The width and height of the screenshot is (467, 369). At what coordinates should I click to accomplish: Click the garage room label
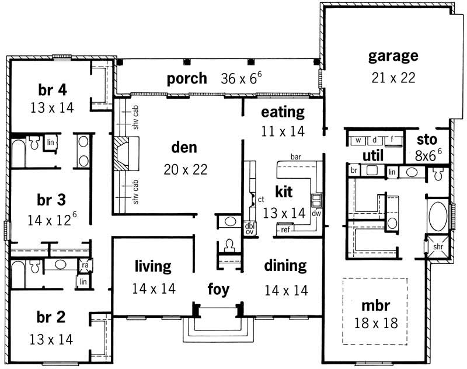tap(393, 56)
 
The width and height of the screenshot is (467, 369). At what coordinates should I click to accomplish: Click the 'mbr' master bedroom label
tap(375, 305)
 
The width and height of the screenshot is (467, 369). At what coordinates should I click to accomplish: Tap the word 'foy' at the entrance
tap(219, 289)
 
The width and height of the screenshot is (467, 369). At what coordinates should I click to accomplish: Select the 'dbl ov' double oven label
tap(250, 228)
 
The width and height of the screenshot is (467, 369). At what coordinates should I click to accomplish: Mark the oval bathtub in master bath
tap(438, 217)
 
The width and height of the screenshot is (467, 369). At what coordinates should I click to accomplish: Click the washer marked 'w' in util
tap(357, 139)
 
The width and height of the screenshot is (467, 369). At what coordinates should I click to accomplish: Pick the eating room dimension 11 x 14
tap(283, 131)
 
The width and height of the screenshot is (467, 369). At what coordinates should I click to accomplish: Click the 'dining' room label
tap(285, 266)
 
